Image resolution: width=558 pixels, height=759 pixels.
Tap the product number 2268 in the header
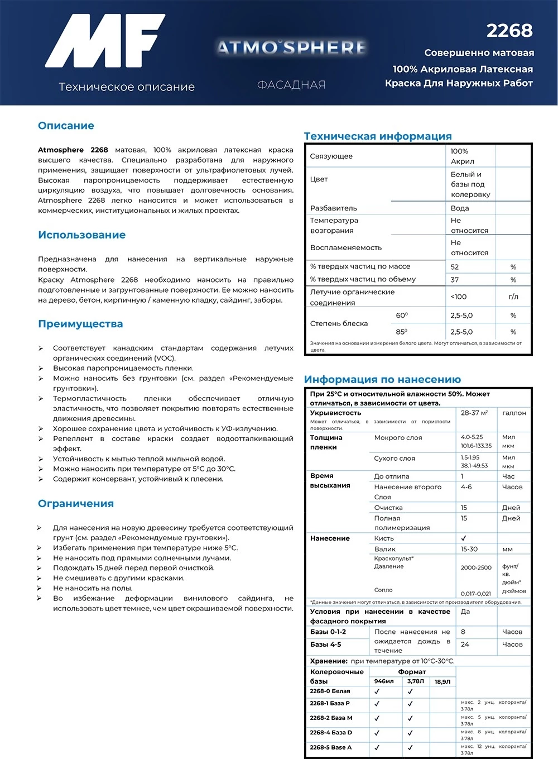click(x=509, y=31)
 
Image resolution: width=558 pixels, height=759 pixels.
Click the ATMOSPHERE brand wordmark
click(x=291, y=47)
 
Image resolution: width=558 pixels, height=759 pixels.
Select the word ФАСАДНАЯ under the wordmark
click(x=291, y=85)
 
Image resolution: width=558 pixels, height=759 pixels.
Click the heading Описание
click(x=66, y=126)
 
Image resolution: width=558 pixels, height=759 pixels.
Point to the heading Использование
click(x=81, y=235)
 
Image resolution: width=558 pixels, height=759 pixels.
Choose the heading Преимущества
click(x=80, y=324)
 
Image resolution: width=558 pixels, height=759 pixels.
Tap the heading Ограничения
click(x=76, y=504)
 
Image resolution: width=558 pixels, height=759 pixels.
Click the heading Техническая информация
click(x=378, y=136)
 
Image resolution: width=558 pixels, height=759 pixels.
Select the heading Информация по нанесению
click(x=382, y=380)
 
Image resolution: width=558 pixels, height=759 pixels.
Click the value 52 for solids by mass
click(x=455, y=267)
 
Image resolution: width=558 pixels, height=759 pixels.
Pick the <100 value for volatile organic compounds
click(x=459, y=297)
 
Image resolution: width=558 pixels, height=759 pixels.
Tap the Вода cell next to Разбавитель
click(x=460, y=208)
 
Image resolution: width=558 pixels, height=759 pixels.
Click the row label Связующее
click(x=331, y=156)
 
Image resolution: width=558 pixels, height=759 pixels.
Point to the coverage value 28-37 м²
click(x=474, y=413)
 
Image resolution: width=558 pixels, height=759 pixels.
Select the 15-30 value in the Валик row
click(x=469, y=549)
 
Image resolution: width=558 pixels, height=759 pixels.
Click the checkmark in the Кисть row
click(x=464, y=538)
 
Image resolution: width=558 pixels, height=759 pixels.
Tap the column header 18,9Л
click(x=442, y=681)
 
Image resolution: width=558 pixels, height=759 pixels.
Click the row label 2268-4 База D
click(x=331, y=733)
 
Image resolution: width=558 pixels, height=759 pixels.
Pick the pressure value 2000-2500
click(x=476, y=567)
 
